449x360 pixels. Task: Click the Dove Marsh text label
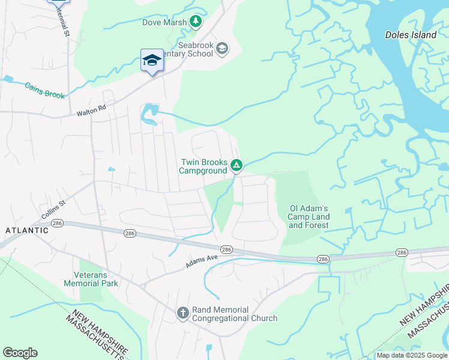[164, 23]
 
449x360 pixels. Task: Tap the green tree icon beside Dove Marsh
[196, 22]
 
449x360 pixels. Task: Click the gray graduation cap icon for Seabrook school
[222, 48]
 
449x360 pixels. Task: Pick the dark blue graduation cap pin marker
[152, 60]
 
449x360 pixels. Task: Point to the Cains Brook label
[44, 91]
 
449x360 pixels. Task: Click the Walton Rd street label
[91, 111]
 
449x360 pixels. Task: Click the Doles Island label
[411, 35]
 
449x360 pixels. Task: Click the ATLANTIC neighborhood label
[27, 230]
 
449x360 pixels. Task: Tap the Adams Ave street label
[201, 260]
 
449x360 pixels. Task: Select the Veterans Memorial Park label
[91, 279]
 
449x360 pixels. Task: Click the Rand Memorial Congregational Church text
[235, 314]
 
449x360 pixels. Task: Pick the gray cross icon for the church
[183, 313]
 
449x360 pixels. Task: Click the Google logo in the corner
[20, 353]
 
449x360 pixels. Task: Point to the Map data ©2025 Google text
[412, 355]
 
